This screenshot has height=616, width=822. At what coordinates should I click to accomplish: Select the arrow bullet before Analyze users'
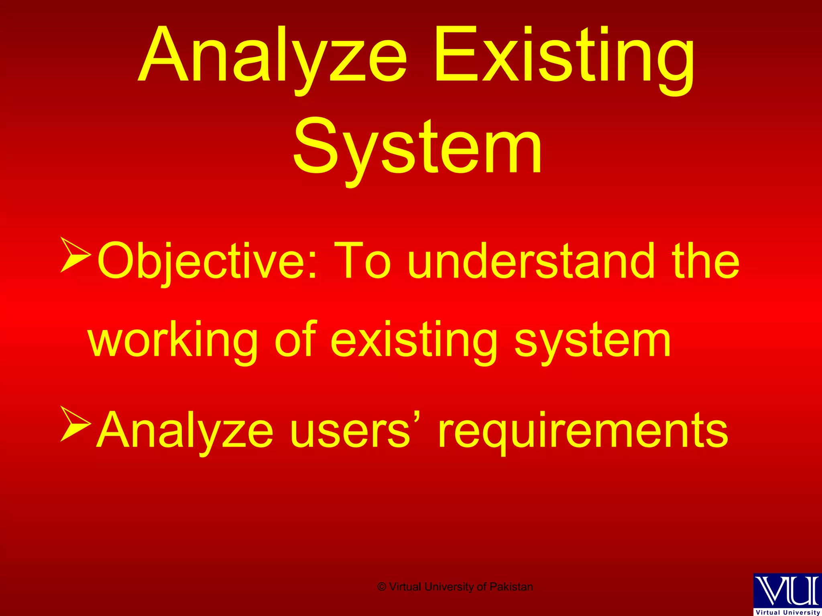[x=75, y=424]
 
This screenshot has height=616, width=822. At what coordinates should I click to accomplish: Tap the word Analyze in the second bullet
[x=185, y=430]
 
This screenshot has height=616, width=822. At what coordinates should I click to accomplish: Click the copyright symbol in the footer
[x=382, y=587]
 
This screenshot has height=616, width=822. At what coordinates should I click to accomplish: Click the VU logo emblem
[x=787, y=590]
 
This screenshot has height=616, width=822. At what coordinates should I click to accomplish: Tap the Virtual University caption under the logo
[x=787, y=612]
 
